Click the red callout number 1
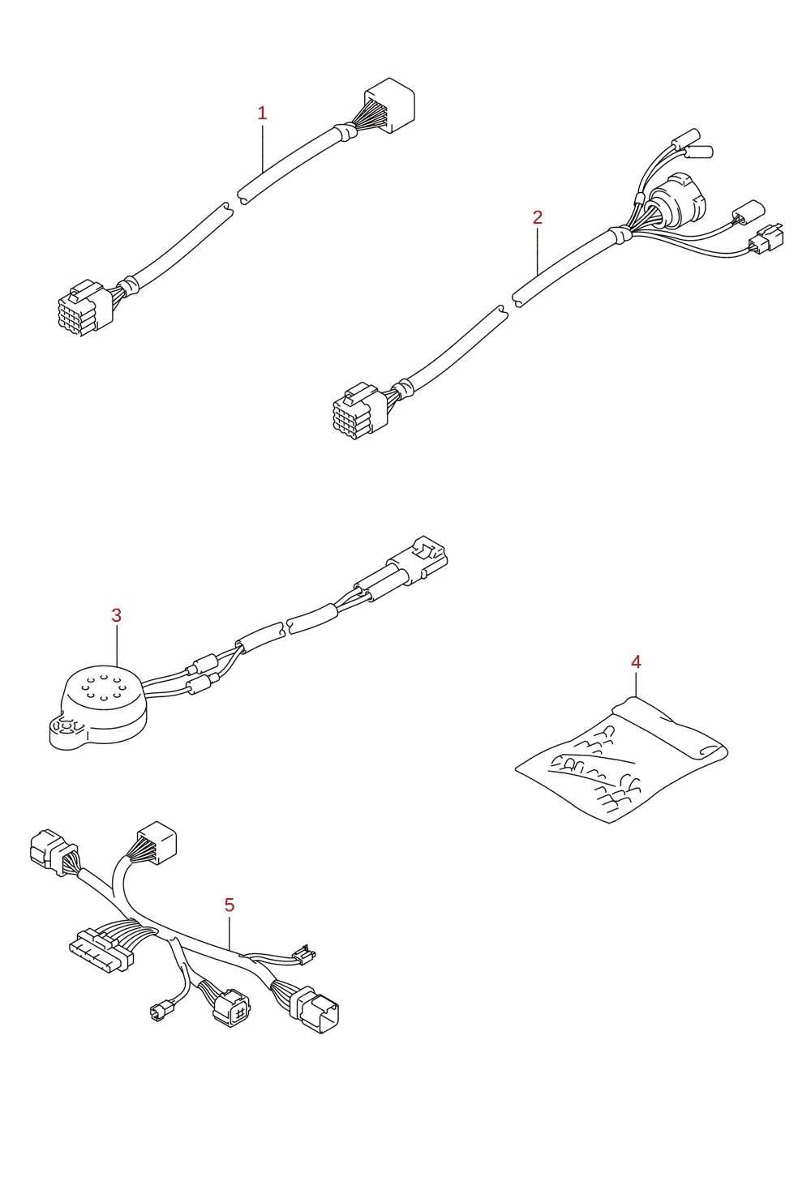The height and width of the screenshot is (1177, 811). point(262,113)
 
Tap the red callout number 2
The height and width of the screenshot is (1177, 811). point(537,217)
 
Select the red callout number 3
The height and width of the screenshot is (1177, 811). point(117,614)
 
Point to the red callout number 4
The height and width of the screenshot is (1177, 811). point(636,662)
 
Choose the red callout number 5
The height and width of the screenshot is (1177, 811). point(230,905)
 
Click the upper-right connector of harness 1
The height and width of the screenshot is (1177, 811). point(389,105)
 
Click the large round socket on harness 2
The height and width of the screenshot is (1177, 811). point(677,200)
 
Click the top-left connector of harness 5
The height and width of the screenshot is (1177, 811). point(54,852)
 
